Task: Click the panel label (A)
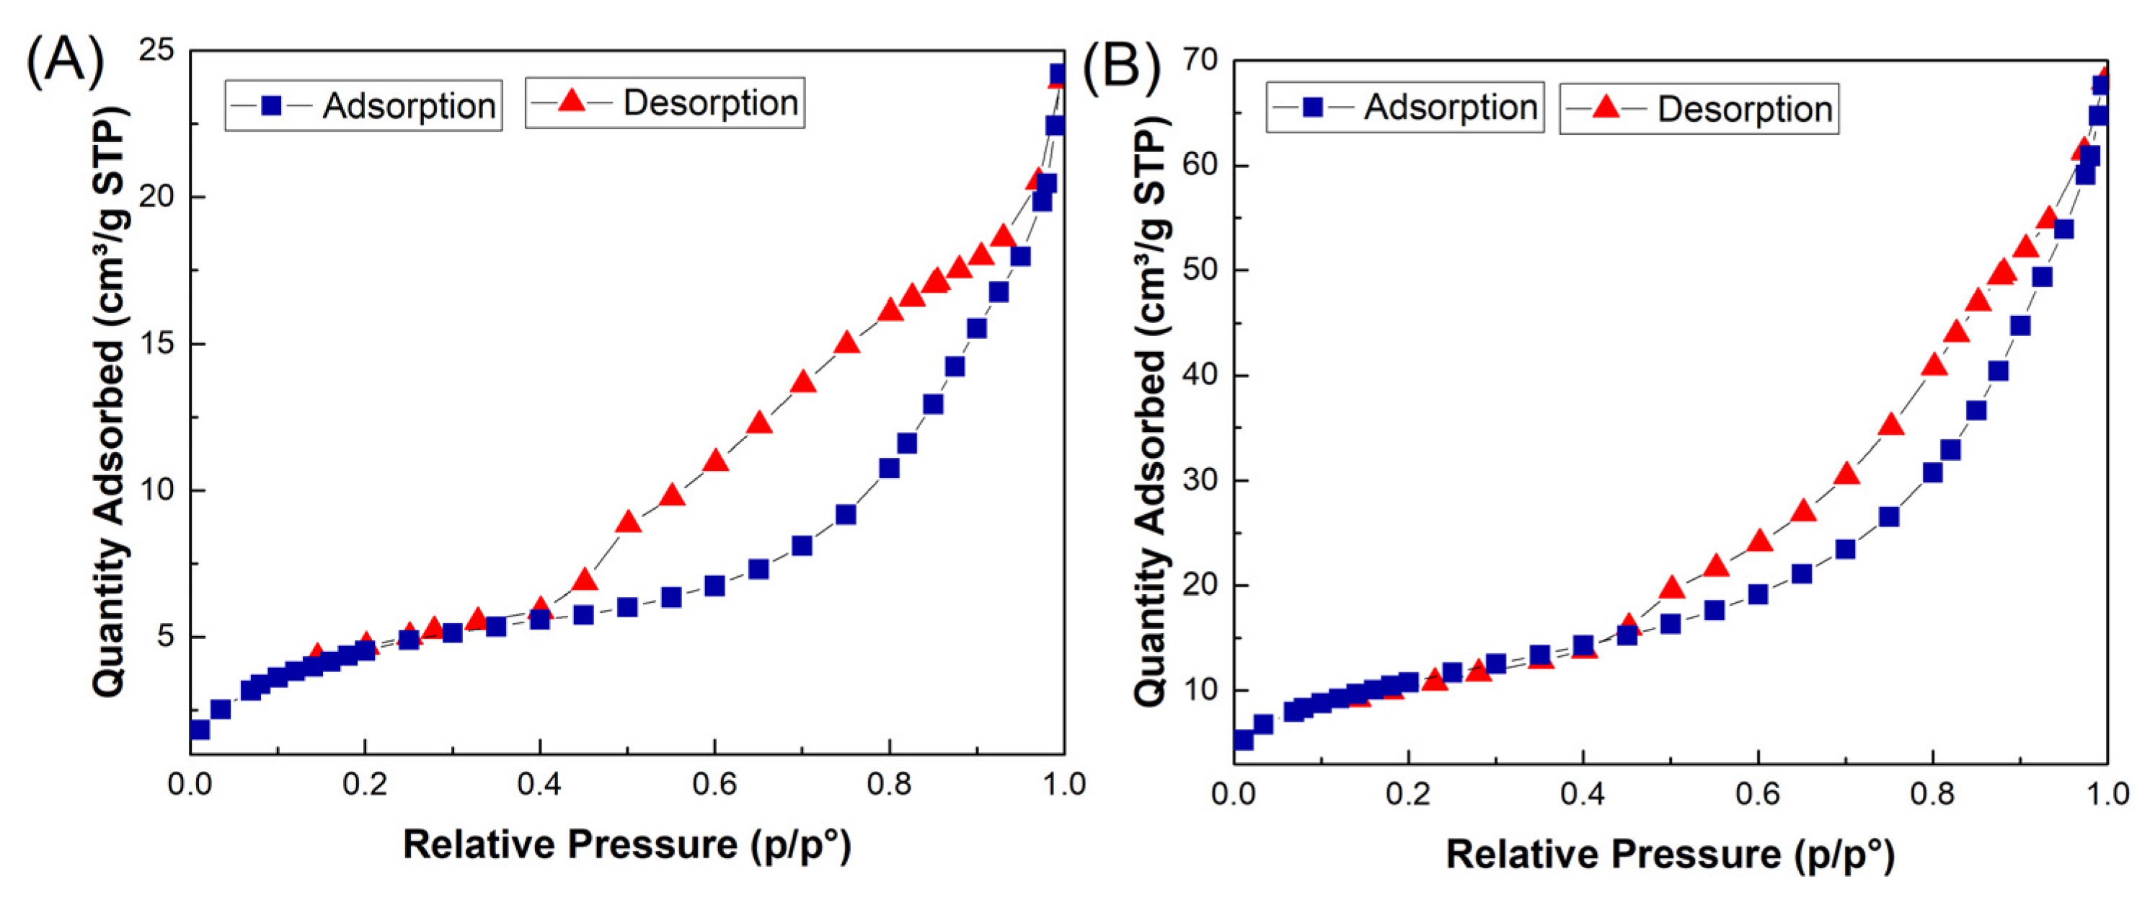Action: pos(66,63)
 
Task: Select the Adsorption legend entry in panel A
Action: pos(364,105)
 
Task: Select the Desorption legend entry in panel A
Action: pos(665,103)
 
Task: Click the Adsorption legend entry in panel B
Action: pos(1405,107)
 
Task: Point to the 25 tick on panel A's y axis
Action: pos(156,50)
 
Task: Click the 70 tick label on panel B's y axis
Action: pos(1200,61)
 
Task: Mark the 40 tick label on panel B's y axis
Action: pos(1200,375)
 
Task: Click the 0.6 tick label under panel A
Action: pos(714,785)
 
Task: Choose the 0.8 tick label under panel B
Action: pos(1932,793)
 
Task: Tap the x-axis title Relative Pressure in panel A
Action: pos(627,844)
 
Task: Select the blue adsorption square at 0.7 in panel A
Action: pos(802,545)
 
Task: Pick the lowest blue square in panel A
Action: pos(199,729)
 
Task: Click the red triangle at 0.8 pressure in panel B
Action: pos(1934,365)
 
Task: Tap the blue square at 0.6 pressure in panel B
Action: pos(1758,594)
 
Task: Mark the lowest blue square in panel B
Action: pos(1243,739)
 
